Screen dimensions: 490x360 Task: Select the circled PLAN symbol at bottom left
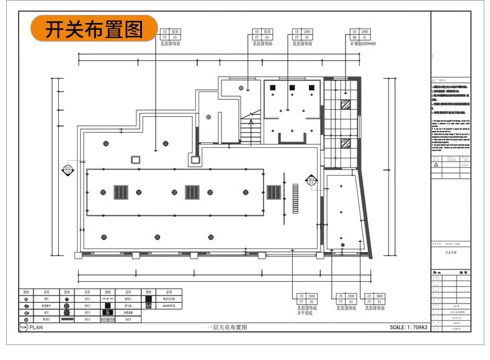click(24, 327)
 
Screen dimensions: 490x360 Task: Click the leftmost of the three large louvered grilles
click(121, 192)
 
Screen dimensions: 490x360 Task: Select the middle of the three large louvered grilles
click(192, 192)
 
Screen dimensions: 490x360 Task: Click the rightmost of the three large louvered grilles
click(274, 192)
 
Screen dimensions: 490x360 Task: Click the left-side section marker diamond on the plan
click(68, 168)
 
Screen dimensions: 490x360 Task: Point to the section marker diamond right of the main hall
click(310, 181)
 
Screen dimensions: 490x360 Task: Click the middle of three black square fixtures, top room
click(290, 89)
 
